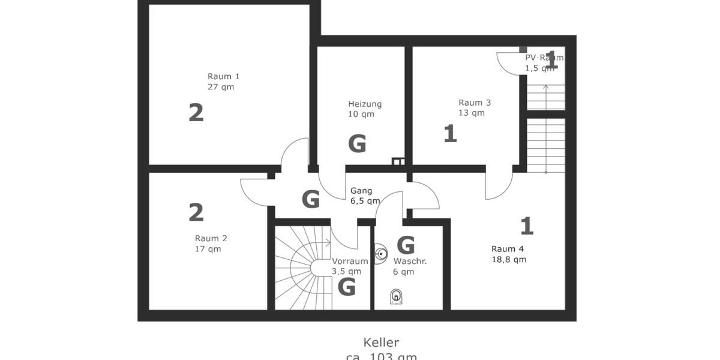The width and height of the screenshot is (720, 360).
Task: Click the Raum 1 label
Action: [223, 76]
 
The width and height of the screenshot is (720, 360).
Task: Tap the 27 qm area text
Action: [220, 87]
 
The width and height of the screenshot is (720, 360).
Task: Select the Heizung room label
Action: [364, 104]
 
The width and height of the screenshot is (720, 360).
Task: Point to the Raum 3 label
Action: [474, 103]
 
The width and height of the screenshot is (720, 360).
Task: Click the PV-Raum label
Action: [544, 58]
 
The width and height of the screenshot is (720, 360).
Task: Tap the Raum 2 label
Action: [211, 238]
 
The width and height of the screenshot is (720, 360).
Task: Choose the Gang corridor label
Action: [361, 191]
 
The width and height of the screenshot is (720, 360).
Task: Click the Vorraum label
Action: [350, 261]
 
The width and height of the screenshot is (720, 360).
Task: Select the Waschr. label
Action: [408, 261]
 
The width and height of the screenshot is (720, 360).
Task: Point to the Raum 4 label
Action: [507, 249]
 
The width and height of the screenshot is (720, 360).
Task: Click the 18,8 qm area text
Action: [509, 260]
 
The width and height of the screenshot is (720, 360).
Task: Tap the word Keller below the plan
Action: [381, 343]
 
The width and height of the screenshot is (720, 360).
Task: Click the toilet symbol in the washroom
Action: [396, 296]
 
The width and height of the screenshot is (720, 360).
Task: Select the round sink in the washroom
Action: [380, 254]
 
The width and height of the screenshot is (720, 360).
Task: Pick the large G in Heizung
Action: [357, 144]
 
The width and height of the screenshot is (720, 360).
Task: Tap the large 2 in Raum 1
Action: [196, 113]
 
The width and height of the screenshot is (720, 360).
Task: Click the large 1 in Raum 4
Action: [527, 226]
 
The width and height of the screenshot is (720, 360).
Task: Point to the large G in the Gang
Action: [310, 199]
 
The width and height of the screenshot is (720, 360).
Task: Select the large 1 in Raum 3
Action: [450, 134]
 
